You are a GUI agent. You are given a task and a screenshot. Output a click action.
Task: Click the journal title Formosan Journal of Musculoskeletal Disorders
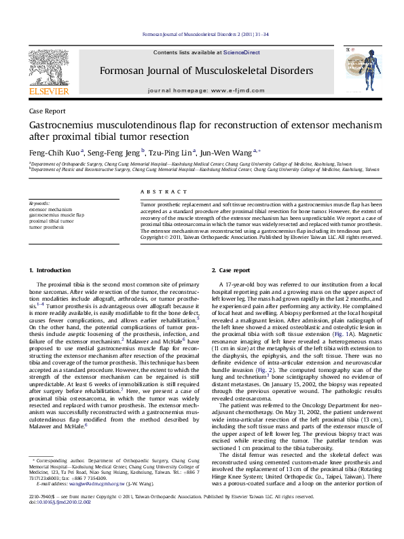point(206,71)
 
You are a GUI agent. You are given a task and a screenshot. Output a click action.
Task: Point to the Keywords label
point(39,204)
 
